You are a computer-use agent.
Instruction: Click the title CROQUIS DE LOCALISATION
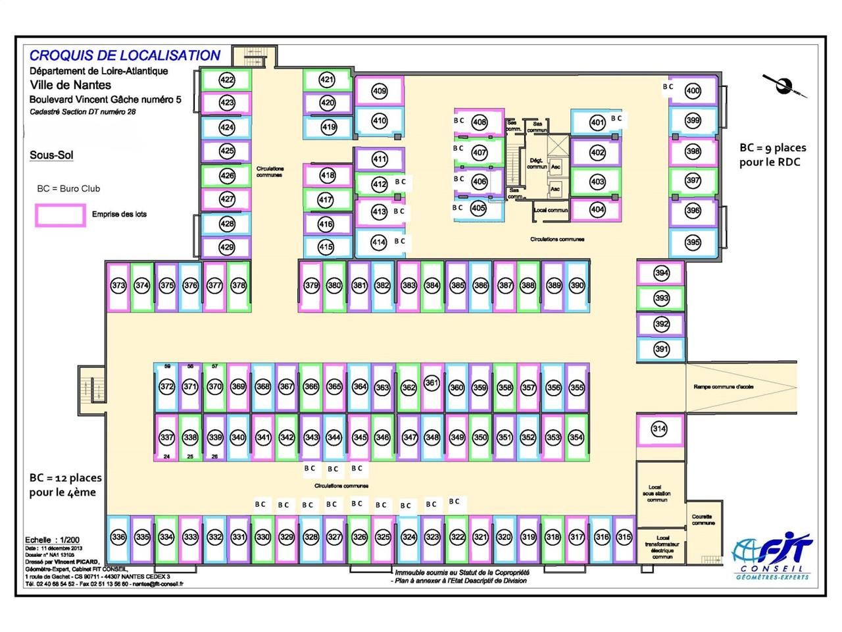(125, 56)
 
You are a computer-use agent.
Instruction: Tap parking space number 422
(227, 80)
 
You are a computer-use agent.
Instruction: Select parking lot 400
(693, 91)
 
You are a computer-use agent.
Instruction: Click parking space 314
(659, 429)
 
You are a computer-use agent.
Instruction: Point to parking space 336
(118, 537)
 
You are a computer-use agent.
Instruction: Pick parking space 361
(432, 383)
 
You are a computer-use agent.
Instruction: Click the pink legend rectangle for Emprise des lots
(61, 215)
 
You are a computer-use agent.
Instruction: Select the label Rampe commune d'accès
(723, 386)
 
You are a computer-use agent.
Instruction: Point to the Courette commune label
(703, 520)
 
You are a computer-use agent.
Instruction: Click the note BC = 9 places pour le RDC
(772, 155)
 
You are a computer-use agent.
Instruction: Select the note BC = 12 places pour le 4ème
(65, 485)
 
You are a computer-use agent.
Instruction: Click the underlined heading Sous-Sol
(51, 155)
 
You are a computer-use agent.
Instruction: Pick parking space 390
(576, 286)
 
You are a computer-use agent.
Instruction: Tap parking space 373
(118, 286)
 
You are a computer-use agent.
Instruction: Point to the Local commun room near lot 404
(551, 211)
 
